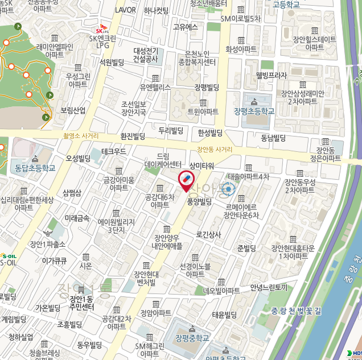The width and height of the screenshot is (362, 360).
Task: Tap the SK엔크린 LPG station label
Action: tap(102, 39)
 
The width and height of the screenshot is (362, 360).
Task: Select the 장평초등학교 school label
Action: tap(254, 111)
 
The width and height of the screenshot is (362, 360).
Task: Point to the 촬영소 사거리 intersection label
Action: tap(81, 136)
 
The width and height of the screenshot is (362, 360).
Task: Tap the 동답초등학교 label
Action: tap(33, 168)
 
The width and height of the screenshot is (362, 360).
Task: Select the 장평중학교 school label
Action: tap(192, 338)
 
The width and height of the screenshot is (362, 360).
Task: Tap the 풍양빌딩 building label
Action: tap(199, 201)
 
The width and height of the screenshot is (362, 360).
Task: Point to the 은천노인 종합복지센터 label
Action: tap(197, 57)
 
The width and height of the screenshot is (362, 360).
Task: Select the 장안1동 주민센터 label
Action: tap(81, 303)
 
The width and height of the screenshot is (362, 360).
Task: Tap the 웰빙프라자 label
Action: tap(271, 75)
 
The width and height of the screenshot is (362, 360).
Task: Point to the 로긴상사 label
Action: tap(208, 234)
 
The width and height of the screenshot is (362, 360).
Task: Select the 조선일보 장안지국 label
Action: tap(134, 109)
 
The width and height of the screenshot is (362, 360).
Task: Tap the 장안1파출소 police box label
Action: tap(48, 244)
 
